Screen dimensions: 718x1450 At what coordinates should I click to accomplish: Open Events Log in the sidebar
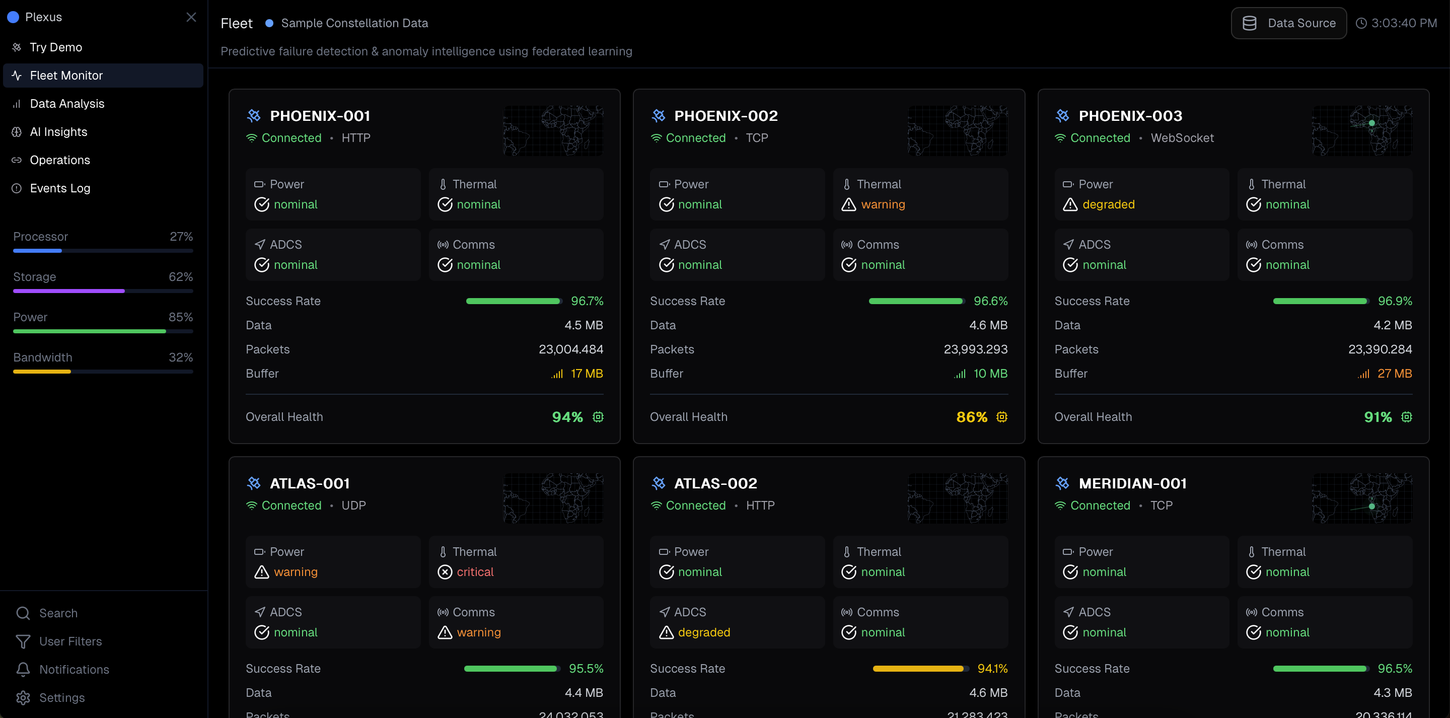point(60,188)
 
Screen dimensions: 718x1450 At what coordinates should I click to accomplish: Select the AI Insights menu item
point(58,132)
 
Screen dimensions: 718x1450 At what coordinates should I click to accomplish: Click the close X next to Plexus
point(191,17)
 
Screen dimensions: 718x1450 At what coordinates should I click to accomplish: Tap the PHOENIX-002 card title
point(725,116)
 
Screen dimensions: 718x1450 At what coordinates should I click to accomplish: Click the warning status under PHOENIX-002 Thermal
point(882,204)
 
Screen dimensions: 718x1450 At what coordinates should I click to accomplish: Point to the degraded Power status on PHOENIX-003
point(1108,204)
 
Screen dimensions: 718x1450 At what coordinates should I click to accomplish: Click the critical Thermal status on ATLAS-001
point(474,572)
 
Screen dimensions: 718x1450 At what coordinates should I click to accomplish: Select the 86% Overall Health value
point(972,417)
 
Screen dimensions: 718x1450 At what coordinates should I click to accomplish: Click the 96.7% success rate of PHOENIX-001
point(587,301)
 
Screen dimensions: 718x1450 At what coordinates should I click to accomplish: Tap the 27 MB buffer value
point(1394,374)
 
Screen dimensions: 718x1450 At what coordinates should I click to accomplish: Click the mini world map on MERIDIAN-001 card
point(1361,498)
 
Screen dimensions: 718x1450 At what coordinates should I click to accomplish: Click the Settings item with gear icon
point(61,698)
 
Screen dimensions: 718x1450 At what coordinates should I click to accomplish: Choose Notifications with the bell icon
point(74,670)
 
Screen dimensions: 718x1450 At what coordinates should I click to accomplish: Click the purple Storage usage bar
point(68,291)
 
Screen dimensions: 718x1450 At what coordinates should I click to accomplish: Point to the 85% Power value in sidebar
point(181,317)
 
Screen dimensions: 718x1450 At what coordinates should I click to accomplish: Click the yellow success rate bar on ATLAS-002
point(917,669)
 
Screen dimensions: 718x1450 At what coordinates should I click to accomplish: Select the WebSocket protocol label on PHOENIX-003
point(1182,138)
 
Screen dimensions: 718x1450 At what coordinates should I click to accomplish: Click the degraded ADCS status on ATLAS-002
point(704,632)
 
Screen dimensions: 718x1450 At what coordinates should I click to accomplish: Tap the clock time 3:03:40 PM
point(1403,23)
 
